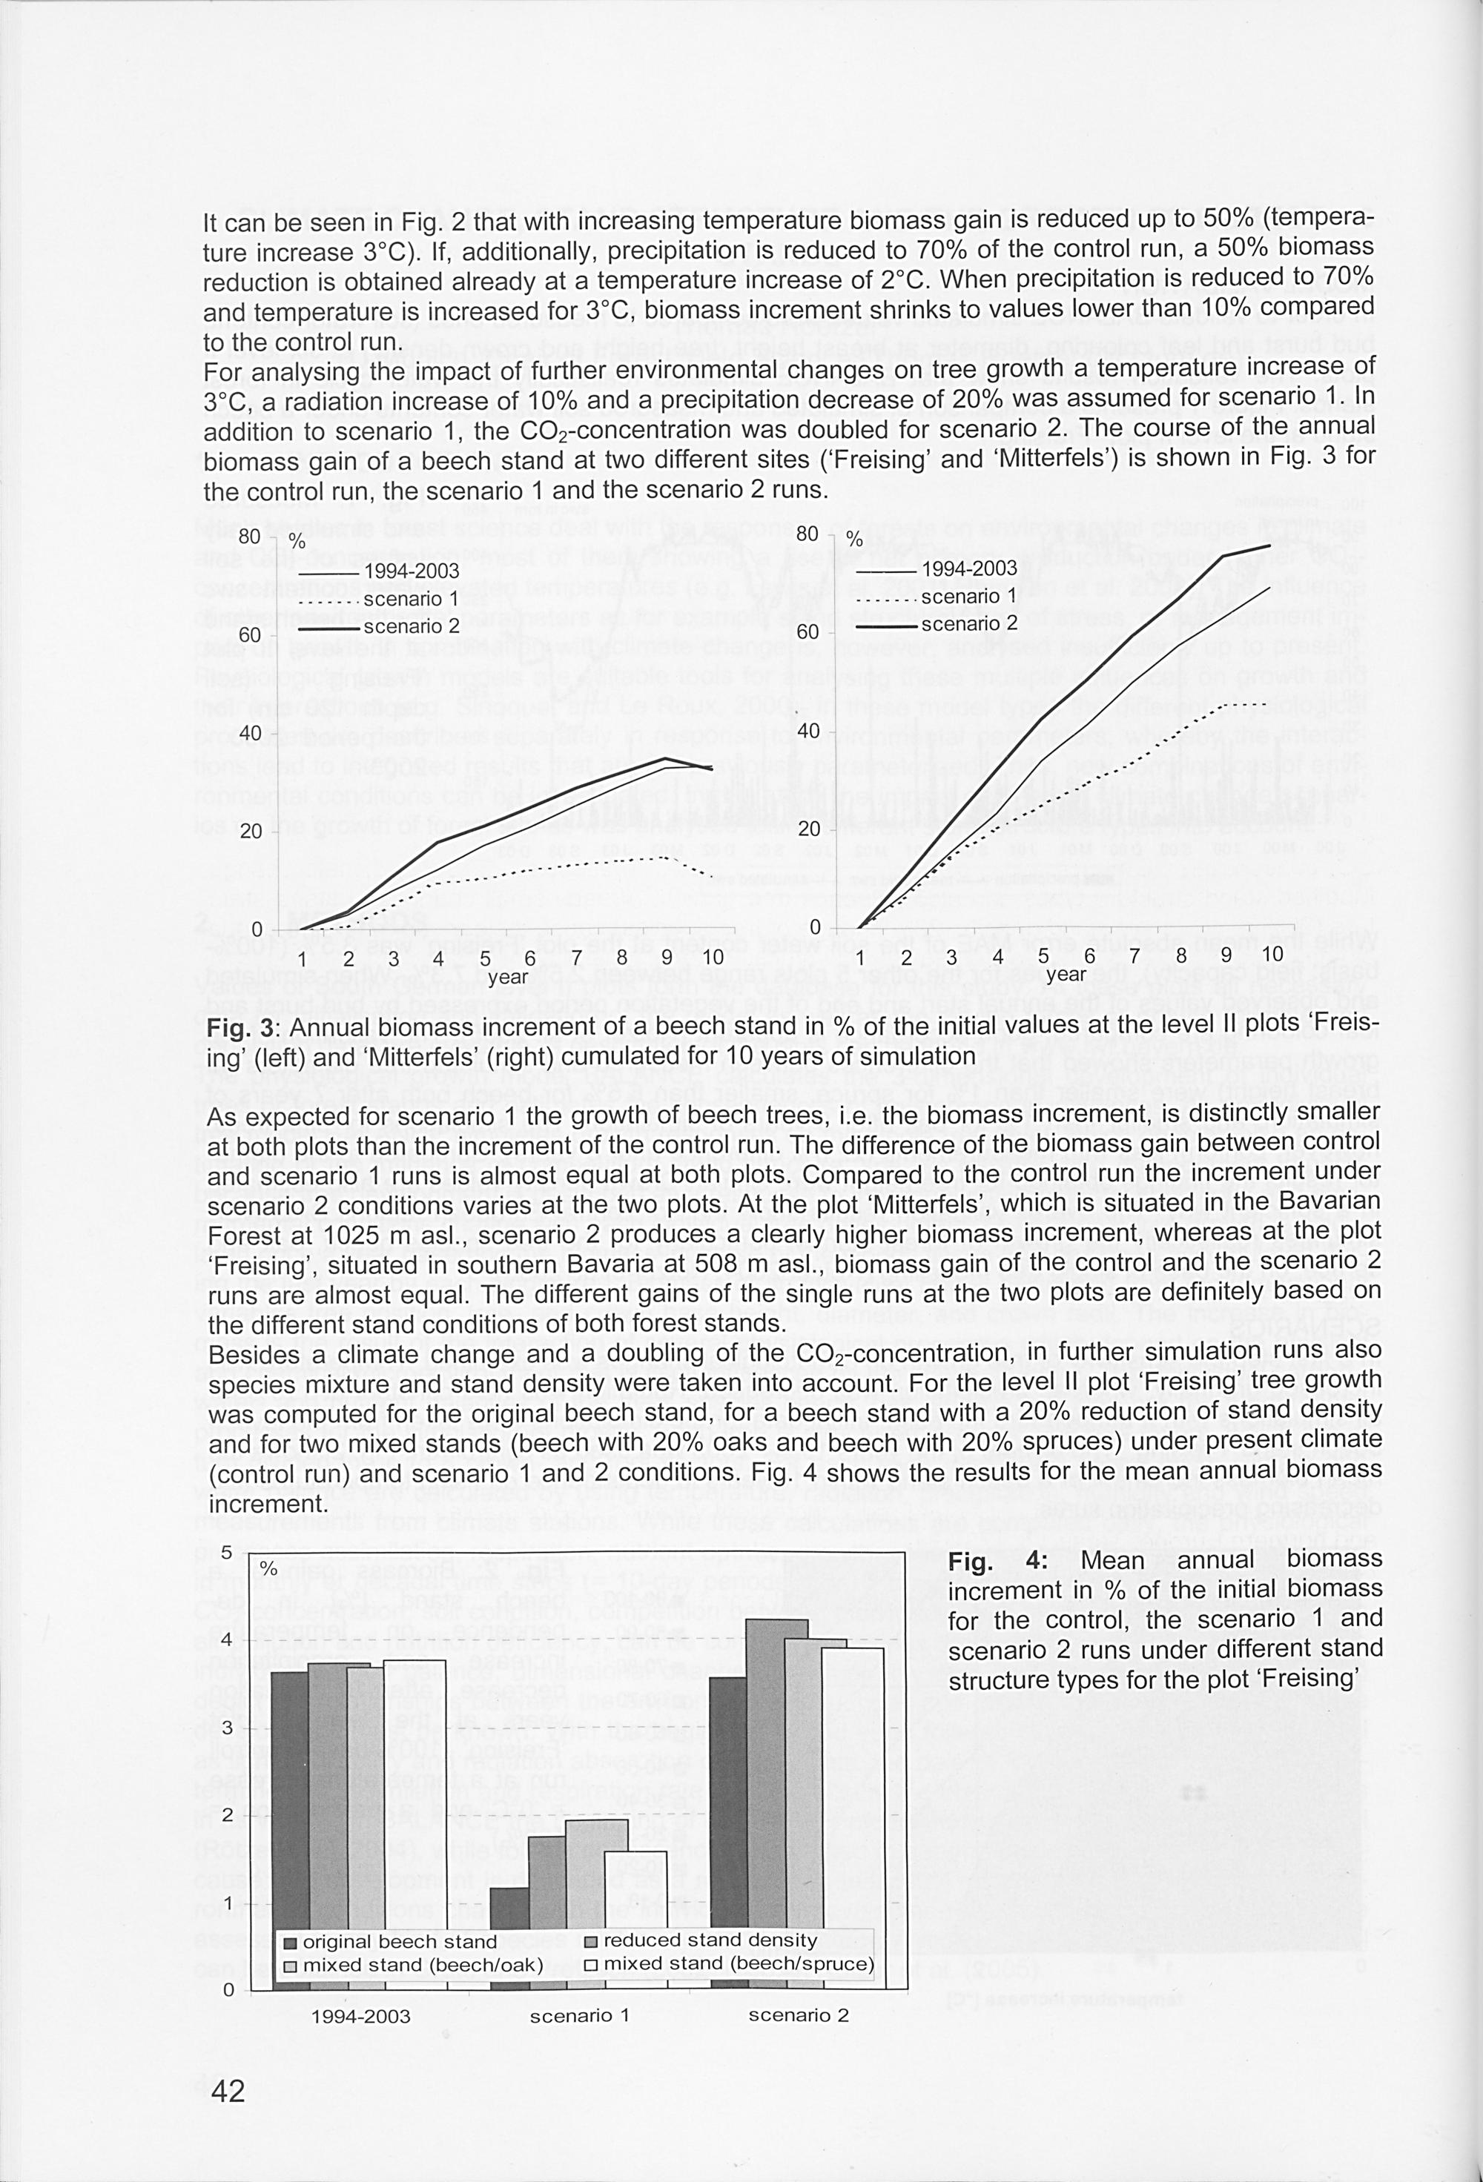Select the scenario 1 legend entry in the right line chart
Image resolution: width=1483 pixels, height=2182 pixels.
click(x=968, y=596)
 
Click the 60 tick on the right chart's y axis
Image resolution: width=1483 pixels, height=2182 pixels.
click(x=809, y=632)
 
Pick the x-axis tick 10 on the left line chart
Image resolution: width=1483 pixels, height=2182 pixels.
click(x=712, y=958)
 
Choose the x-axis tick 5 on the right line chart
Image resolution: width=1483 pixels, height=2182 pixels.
click(x=1043, y=955)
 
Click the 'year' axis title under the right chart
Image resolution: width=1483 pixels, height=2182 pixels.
click(x=1066, y=975)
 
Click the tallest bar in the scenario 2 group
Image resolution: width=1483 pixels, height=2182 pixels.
click(x=776, y=1803)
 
